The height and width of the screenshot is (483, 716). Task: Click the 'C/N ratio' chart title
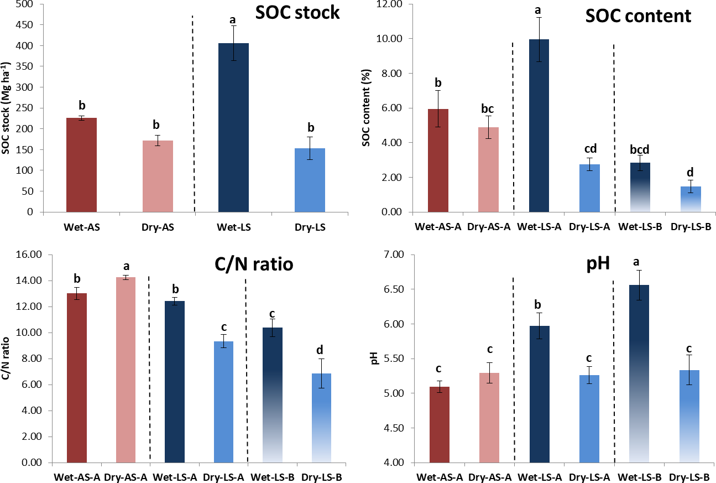(254, 265)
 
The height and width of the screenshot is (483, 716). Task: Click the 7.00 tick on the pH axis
(395, 255)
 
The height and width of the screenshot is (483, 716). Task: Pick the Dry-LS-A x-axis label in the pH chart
(590, 475)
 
